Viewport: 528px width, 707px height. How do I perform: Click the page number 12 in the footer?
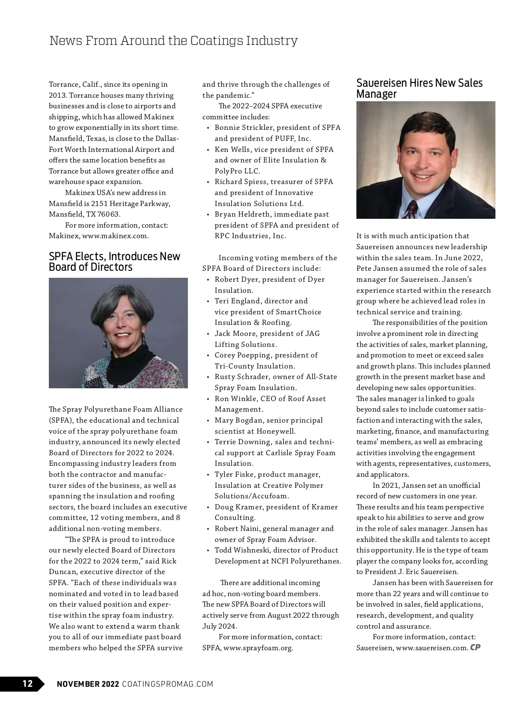tap(27, 683)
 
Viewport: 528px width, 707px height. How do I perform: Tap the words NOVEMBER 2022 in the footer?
tap(88, 684)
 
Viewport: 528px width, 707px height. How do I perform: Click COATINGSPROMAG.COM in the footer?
tap(167, 684)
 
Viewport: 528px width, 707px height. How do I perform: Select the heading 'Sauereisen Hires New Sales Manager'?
tap(419, 88)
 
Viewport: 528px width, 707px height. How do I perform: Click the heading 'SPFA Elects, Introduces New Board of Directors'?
tap(114, 261)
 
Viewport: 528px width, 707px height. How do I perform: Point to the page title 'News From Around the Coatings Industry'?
tap(173, 41)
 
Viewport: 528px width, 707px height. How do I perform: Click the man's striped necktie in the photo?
tap(412, 209)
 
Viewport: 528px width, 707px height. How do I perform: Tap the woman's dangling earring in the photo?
tap(106, 344)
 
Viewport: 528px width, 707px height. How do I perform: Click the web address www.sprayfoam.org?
tap(258, 648)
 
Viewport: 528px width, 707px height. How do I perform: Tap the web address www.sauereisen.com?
tap(432, 648)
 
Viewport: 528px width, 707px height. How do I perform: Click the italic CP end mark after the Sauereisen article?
tap(475, 647)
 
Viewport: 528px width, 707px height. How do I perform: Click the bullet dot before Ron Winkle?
tap(208, 399)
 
